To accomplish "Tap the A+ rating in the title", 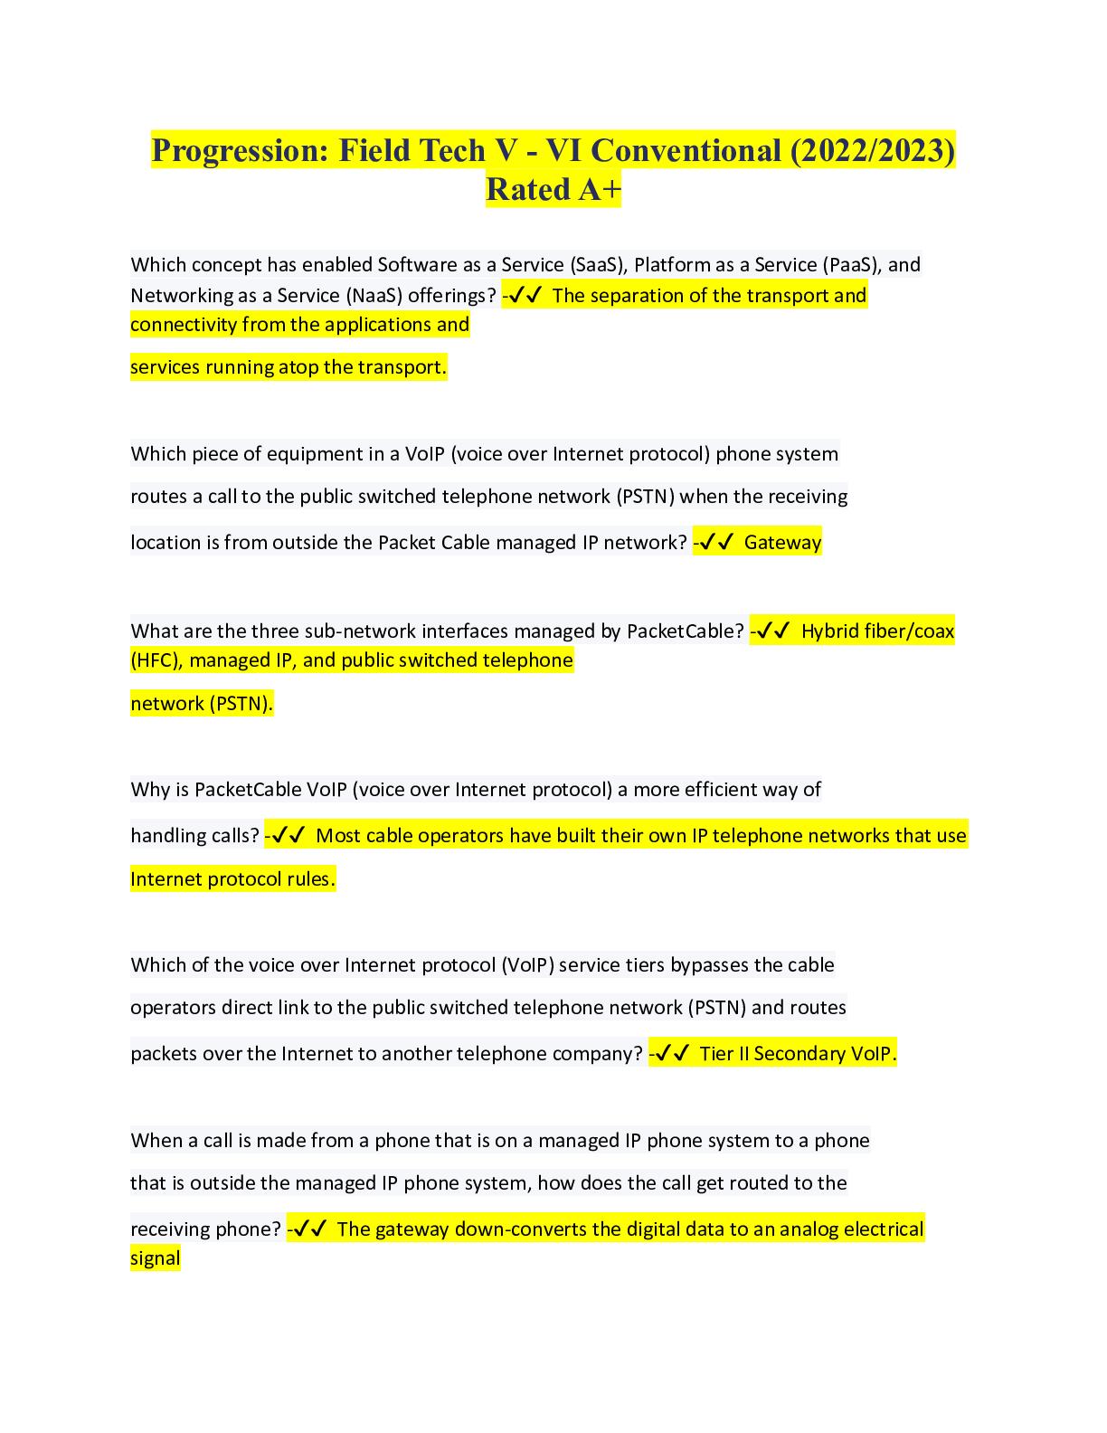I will pyautogui.click(x=597, y=190).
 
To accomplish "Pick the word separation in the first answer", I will pyautogui.click(x=638, y=296).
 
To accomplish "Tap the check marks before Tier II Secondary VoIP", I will pyautogui.click(x=672, y=1054).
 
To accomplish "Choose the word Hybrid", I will pyautogui.click(x=832, y=631).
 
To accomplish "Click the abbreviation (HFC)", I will pyautogui.click(x=156, y=660).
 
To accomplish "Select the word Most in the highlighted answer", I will pyautogui.click(x=338, y=836).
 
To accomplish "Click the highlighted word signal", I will pyautogui.click(x=156, y=1258).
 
